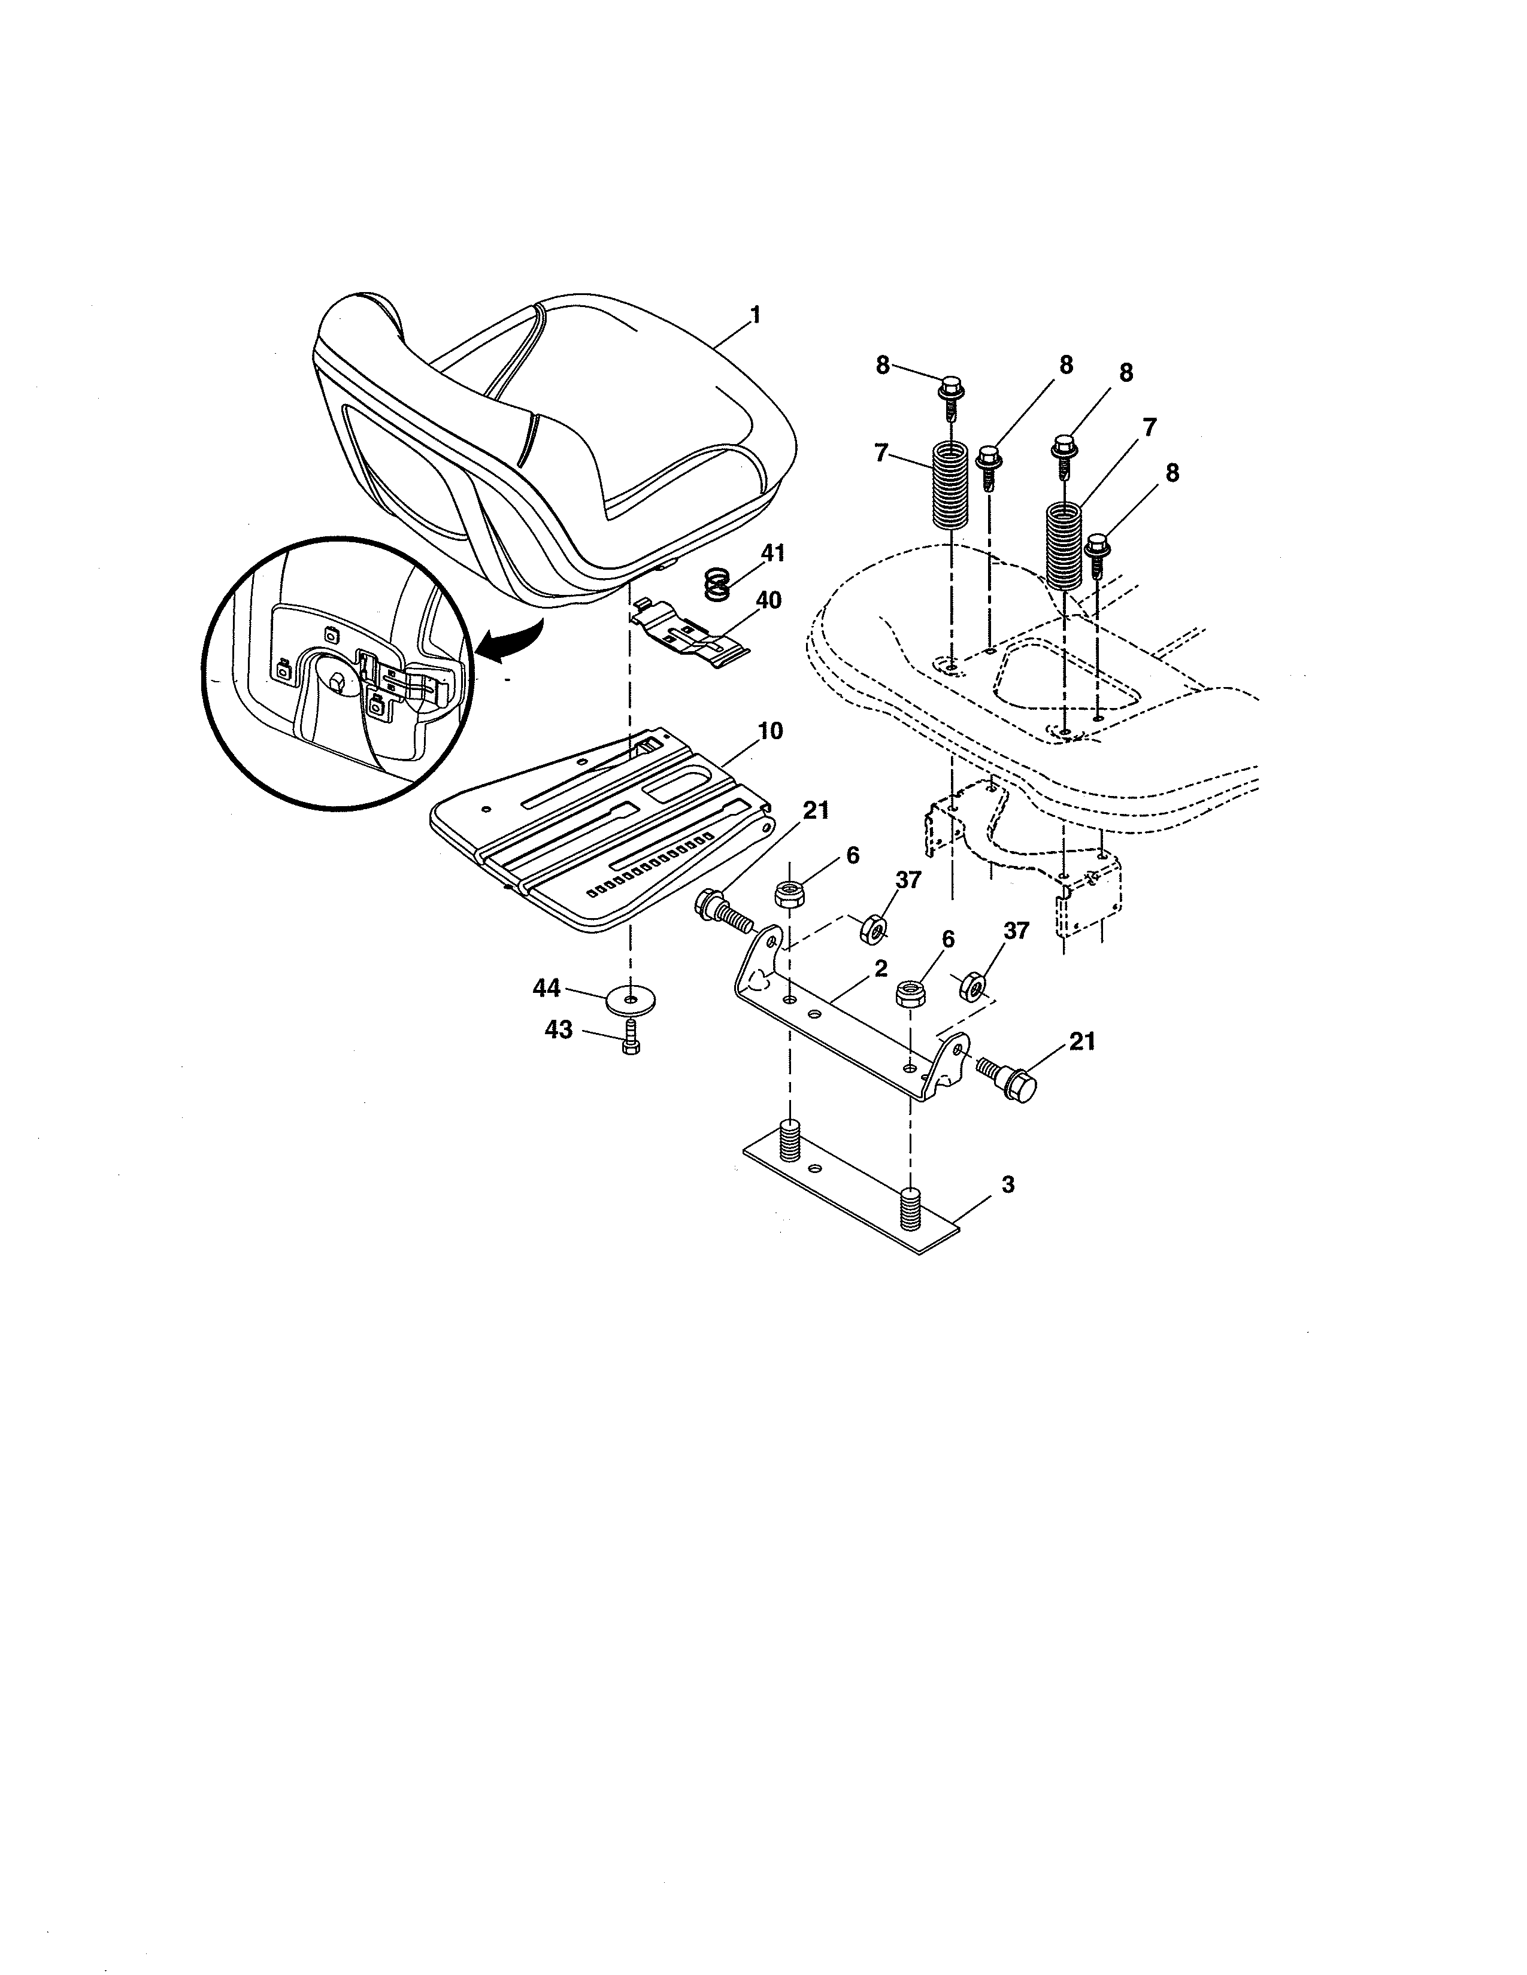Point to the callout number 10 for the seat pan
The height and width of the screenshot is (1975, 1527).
click(770, 731)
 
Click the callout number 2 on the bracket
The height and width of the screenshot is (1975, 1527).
click(880, 968)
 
